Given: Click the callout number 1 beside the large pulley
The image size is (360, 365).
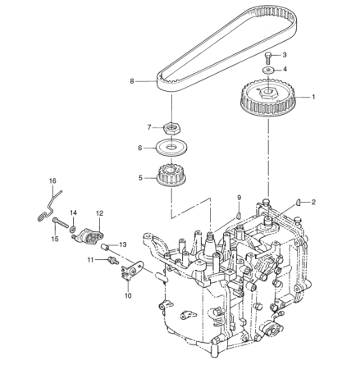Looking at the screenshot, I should tap(312, 97).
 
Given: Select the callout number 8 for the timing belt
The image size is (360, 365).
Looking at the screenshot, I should tap(131, 80).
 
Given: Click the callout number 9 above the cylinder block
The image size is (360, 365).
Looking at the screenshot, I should tap(239, 198).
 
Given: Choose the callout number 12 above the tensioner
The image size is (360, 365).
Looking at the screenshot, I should tap(99, 212).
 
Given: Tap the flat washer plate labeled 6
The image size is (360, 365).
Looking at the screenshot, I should tap(171, 148).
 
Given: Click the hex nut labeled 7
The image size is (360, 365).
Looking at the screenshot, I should tap(172, 128).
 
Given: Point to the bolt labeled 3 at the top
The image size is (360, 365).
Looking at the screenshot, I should tap(268, 57).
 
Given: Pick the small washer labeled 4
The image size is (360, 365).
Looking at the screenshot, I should tap(268, 71).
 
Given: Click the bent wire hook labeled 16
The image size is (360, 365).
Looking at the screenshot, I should tap(48, 205).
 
